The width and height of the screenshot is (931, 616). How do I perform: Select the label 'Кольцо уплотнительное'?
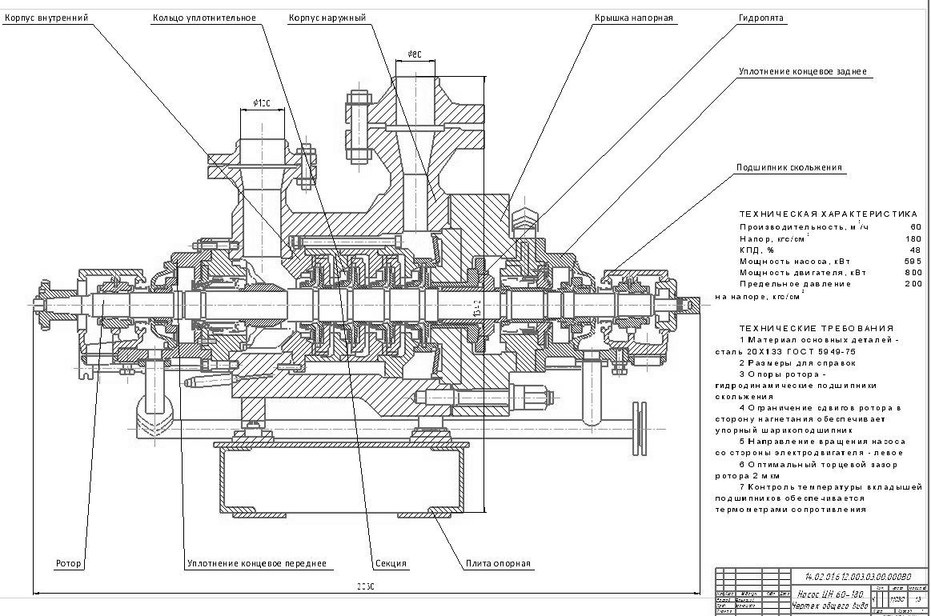[x=204, y=17]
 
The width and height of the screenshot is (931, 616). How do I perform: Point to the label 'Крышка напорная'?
[x=633, y=17]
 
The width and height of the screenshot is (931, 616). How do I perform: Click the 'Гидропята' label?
[x=761, y=17]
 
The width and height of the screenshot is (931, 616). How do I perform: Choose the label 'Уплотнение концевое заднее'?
[x=803, y=72]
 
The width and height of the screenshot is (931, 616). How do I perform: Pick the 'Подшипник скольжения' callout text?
[x=789, y=168]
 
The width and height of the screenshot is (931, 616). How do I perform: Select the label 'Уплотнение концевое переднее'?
[x=257, y=563]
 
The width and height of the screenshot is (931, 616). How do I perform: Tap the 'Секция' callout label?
[x=391, y=563]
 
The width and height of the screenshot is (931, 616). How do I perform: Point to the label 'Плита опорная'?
[x=499, y=563]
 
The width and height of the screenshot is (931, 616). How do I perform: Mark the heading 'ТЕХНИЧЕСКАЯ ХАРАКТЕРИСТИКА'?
[x=828, y=214]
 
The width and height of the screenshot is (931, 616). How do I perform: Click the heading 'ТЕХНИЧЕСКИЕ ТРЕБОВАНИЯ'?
[x=817, y=328]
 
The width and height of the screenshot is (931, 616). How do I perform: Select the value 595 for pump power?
[x=913, y=261]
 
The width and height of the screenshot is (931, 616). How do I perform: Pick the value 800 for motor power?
[x=913, y=273]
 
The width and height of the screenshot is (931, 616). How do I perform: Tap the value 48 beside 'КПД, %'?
[x=916, y=250]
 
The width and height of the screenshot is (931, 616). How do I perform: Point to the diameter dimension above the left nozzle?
[x=262, y=102]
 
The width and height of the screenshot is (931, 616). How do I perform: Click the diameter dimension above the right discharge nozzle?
[x=414, y=54]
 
